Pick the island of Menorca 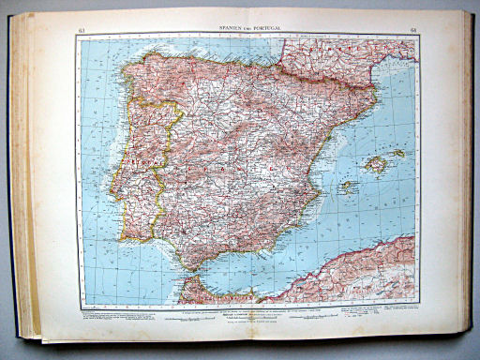point(399,153)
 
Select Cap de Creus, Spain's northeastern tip point(378,93)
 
